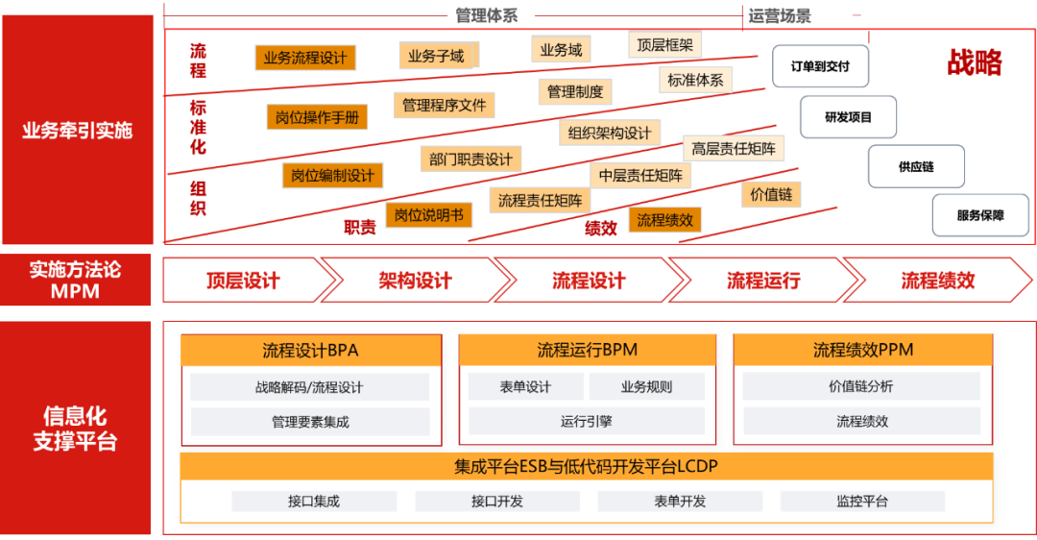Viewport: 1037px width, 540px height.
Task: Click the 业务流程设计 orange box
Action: (x=304, y=58)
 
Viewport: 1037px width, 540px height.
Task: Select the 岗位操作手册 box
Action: (x=317, y=117)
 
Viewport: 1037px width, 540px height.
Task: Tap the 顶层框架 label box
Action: (x=665, y=44)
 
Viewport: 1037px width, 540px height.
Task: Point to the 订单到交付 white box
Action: (x=820, y=67)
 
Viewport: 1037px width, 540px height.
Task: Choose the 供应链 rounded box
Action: (x=916, y=166)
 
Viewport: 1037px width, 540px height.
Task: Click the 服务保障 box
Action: (x=980, y=215)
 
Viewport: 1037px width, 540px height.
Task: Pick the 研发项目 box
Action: (x=849, y=117)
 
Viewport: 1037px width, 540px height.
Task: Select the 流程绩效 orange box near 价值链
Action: (x=664, y=220)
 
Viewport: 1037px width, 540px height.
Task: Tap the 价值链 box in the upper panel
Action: (x=772, y=194)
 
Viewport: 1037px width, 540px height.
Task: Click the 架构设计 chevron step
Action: (x=415, y=281)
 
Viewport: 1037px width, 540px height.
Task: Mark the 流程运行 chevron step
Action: (x=763, y=281)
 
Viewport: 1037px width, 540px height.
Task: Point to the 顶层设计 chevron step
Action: (x=243, y=281)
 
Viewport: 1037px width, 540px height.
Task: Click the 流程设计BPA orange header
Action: (x=310, y=350)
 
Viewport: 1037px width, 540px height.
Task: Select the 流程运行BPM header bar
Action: (x=587, y=350)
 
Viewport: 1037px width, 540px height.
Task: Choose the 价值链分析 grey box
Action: (x=860, y=386)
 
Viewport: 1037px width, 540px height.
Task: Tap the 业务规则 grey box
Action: (x=646, y=387)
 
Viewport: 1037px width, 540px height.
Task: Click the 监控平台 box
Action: (x=862, y=501)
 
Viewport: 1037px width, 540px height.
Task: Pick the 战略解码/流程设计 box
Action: (x=309, y=387)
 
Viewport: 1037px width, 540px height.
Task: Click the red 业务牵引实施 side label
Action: (x=77, y=130)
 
